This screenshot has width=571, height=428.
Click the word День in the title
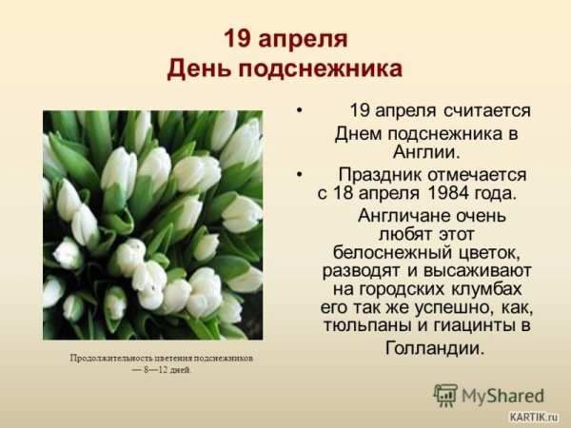(198, 69)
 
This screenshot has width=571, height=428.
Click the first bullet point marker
(300, 110)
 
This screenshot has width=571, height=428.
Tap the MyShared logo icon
(445, 395)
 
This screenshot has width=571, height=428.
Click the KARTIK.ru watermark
(534, 417)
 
